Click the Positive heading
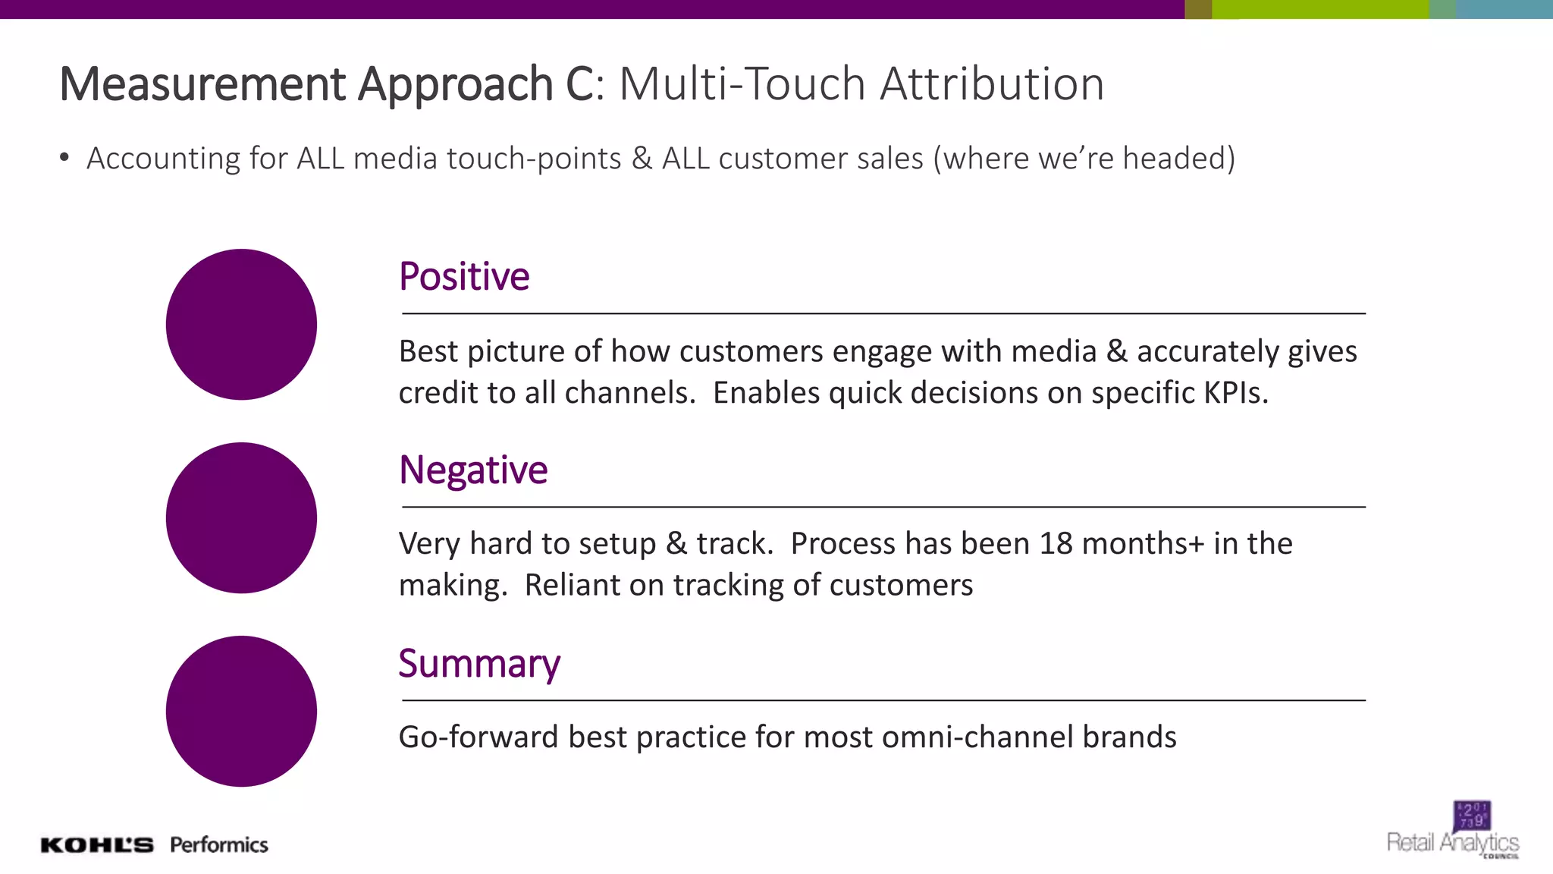(x=464, y=277)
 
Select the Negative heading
(x=473, y=470)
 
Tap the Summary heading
(x=479, y=665)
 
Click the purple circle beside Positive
(x=241, y=325)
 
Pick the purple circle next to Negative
(x=241, y=518)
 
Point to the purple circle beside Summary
(x=241, y=712)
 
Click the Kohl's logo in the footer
(x=97, y=845)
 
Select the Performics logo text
(x=219, y=845)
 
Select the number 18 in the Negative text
(x=1056, y=544)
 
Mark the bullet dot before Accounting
(x=64, y=158)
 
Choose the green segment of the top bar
(x=1319, y=9)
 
